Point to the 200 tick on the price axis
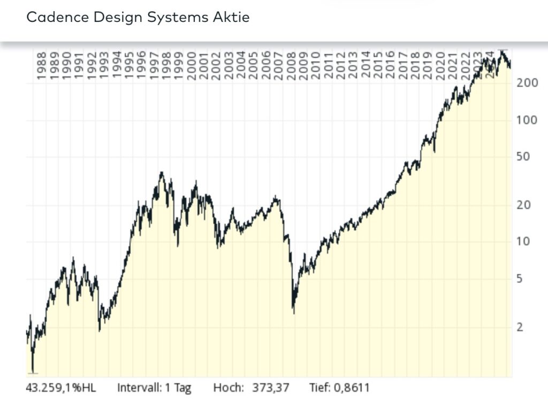point(527,84)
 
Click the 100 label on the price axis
point(527,120)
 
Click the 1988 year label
point(42,65)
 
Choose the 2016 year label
point(390,65)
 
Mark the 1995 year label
point(129,65)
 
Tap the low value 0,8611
point(353,388)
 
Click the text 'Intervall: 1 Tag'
point(154,388)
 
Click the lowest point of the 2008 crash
point(293,313)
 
